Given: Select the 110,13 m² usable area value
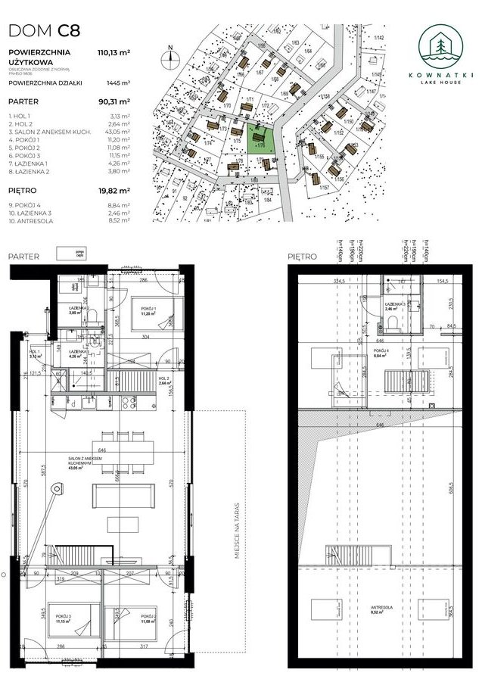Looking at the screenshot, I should pyautogui.click(x=114, y=52).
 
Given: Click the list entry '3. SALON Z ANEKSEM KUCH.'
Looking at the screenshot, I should pyautogui.click(x=50, y=132).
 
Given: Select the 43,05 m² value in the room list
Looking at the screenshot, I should pyautogui.click(x=115, y=132).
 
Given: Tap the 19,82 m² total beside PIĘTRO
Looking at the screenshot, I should pyautogui.click(x=114, y=191).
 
